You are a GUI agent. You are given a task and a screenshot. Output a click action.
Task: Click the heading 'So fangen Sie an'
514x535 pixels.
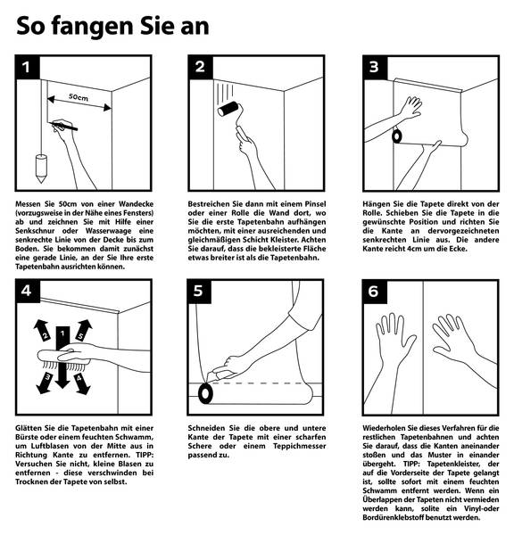(x=112, y=27)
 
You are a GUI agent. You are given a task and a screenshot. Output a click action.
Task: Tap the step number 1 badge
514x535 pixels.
(x=28, y=67)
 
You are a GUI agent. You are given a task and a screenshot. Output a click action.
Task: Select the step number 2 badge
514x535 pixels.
(x=201, y=67)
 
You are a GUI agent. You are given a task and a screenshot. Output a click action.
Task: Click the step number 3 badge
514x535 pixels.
(x=375, y=67)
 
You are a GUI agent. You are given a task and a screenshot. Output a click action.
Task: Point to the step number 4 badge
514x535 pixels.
(x=28, y=292)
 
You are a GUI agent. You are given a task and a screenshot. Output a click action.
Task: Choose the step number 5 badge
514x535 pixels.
(x=199, y=292)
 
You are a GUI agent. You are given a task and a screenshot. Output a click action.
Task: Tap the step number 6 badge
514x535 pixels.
(x=375, y=292)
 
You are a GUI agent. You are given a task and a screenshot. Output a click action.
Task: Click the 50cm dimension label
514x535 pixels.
(x=79, y=97)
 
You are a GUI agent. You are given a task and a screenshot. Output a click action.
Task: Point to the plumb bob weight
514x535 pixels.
(x=41, y=169)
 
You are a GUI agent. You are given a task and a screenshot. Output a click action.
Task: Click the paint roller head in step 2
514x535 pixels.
(x=228, y=109)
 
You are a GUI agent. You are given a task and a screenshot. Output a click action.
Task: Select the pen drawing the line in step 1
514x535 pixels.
(x=64, y=126)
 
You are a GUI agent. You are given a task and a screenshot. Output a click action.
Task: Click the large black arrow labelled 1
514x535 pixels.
(x=62, y=358)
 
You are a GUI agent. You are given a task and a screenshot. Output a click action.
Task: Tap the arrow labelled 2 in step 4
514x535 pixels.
(x=42, y=331)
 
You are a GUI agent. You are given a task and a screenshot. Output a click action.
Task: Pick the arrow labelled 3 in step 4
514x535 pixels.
(x=46, y=383)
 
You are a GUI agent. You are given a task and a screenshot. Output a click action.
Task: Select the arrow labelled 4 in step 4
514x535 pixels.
(x=81, y=383)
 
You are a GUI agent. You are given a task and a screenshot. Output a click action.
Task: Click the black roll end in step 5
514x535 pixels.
(x=205, y=393)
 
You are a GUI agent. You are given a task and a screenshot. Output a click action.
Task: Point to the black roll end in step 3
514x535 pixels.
(x=396, y=136)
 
